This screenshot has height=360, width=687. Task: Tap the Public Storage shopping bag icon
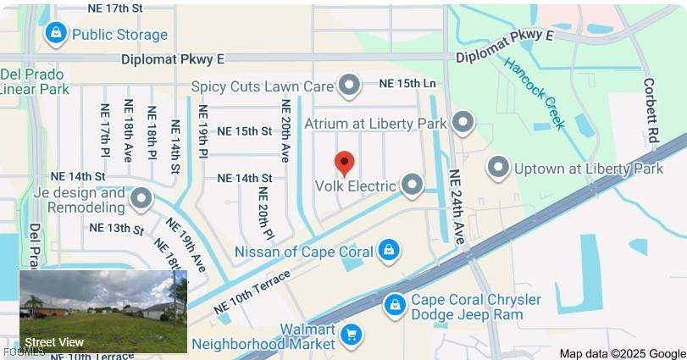(x=55, y=34)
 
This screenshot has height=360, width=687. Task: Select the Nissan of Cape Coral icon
(x=389, y=250)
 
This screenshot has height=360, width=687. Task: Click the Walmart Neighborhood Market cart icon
(x=351, y=335)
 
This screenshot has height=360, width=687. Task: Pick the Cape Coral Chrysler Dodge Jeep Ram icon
(x=394, y=306)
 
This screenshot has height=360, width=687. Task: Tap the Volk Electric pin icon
(x=413, y=185)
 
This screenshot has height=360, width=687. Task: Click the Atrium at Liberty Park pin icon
(x=462, y=123)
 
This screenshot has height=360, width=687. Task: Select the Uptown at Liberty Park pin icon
(x=498, y=168)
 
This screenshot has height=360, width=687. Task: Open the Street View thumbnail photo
(x=102, y=311)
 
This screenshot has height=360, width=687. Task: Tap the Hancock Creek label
(x=534, y=92)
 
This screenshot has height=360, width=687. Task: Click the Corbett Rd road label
(x=651, y=109)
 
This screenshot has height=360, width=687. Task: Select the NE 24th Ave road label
(x=457, y=208)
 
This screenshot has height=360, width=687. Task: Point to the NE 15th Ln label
(x=407, y=84)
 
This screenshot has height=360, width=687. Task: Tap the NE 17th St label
(x=115, y=8)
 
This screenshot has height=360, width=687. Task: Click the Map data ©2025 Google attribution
(x=623, y=353)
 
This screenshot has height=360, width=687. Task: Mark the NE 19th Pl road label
(x=203, y=131)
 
